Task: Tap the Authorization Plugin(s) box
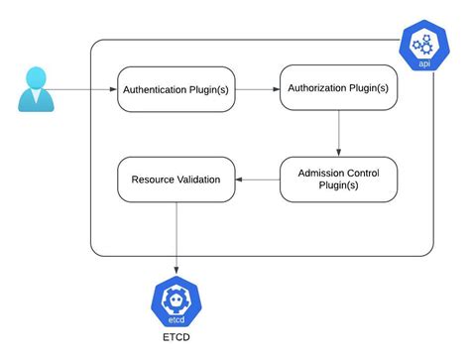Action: [337, 88]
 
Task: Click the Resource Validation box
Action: [176, 180]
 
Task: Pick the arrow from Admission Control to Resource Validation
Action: [258, 180]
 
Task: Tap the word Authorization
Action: [322, 88]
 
